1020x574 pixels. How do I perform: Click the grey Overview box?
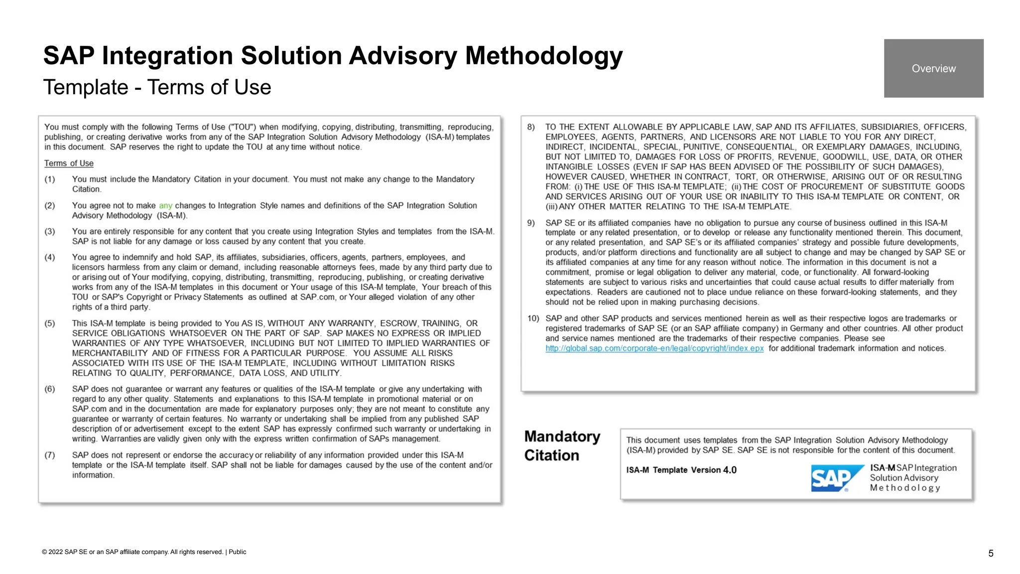(x=933, y=68)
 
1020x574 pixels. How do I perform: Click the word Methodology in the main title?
(x=543, y=56)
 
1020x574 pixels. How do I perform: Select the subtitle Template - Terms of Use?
(x=157, y=87)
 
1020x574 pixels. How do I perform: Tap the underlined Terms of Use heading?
(x=69, y=163)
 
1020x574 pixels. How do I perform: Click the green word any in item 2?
(x=165, y=205)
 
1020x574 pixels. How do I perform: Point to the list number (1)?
(x=50, y=179)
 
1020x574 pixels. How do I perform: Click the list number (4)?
(x=50, y=258)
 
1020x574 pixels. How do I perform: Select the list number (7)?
(x=50, y=455)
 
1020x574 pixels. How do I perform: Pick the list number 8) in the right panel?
(x=531, y=127)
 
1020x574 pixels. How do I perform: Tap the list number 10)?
(x=533, y=318)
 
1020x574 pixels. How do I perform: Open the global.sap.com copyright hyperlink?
(x=654, y=348)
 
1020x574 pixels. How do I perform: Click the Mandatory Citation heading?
(x=562, y=446)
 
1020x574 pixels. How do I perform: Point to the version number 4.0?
(x=730, y=470)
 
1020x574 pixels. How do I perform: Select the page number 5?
(x=991, y=554)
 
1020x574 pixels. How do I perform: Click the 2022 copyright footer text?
(x=132, y=552)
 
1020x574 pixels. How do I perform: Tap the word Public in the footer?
(x=238, y=552)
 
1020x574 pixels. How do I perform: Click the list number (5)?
(x=50, y=323)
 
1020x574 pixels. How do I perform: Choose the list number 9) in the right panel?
(x=531, y=223)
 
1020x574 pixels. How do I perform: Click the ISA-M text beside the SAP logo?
(x=883, y=468)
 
